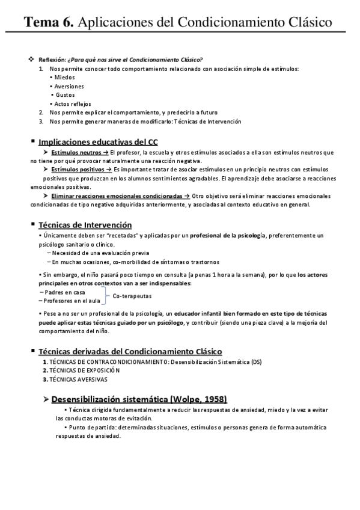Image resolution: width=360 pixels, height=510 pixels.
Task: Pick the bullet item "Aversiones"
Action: [x=69, y=86]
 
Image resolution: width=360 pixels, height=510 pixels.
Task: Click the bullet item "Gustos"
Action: [x=65, y=95]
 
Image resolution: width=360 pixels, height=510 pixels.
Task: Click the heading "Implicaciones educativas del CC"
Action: [x=98, y=142]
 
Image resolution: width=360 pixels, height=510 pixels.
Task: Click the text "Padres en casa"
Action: [x=65, y=292]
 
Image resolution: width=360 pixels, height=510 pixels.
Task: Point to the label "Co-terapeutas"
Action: [x=132, y=296]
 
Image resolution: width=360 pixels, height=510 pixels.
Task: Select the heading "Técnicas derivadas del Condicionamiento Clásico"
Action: [x=130, y=351]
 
